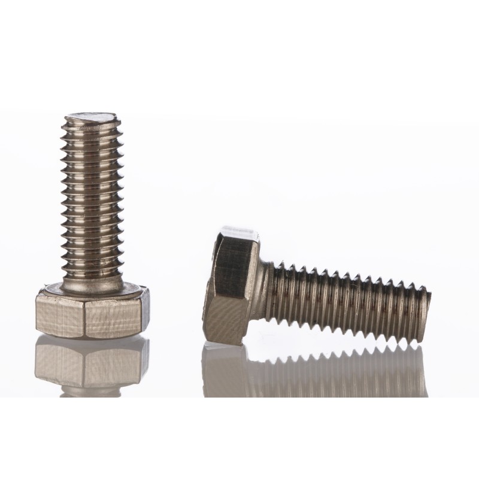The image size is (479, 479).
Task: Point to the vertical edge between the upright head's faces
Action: [86, 317]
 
